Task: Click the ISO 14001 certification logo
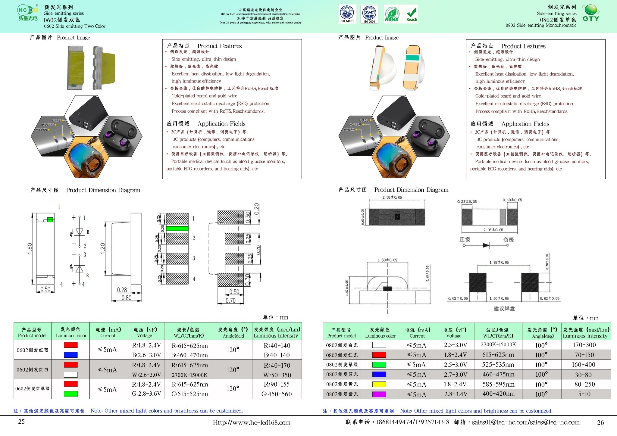pyautogui.click(x=347, y=14)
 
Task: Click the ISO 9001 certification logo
pyautogui.click(x=369, y=14)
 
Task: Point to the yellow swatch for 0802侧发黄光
pyautogui.click(x=379, y=384)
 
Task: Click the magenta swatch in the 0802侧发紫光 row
pyautogui.click(x=379, y=394)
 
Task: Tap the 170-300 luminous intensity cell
pyautogui.click(x=584, y=345)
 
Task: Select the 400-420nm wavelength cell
pyautogui.click(x=498, y=394)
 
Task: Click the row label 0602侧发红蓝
pyautogui.click(x=33, y=350)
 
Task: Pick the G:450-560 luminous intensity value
pyautogui.click(x=277, y=394)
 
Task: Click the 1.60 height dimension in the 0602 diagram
pyautogui.click(x=30, y=248)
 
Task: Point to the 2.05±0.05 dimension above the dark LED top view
pyautogui.click(x=392, y=198)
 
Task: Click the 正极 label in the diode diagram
pyautogui.click(x=465, y=239)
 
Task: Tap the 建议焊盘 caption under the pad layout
pyautogui.click(x=504, y=309)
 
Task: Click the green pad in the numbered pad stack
pyautogui.click(x=177, y=229)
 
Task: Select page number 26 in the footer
pyautogui.click(x=600, y=422)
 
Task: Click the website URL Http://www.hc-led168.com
pyautogui.click(x=252, y=422)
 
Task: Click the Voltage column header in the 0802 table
pyautogui.click(x=455, y=333)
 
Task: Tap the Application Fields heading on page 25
pyautogui.click(x=221, y=124)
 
